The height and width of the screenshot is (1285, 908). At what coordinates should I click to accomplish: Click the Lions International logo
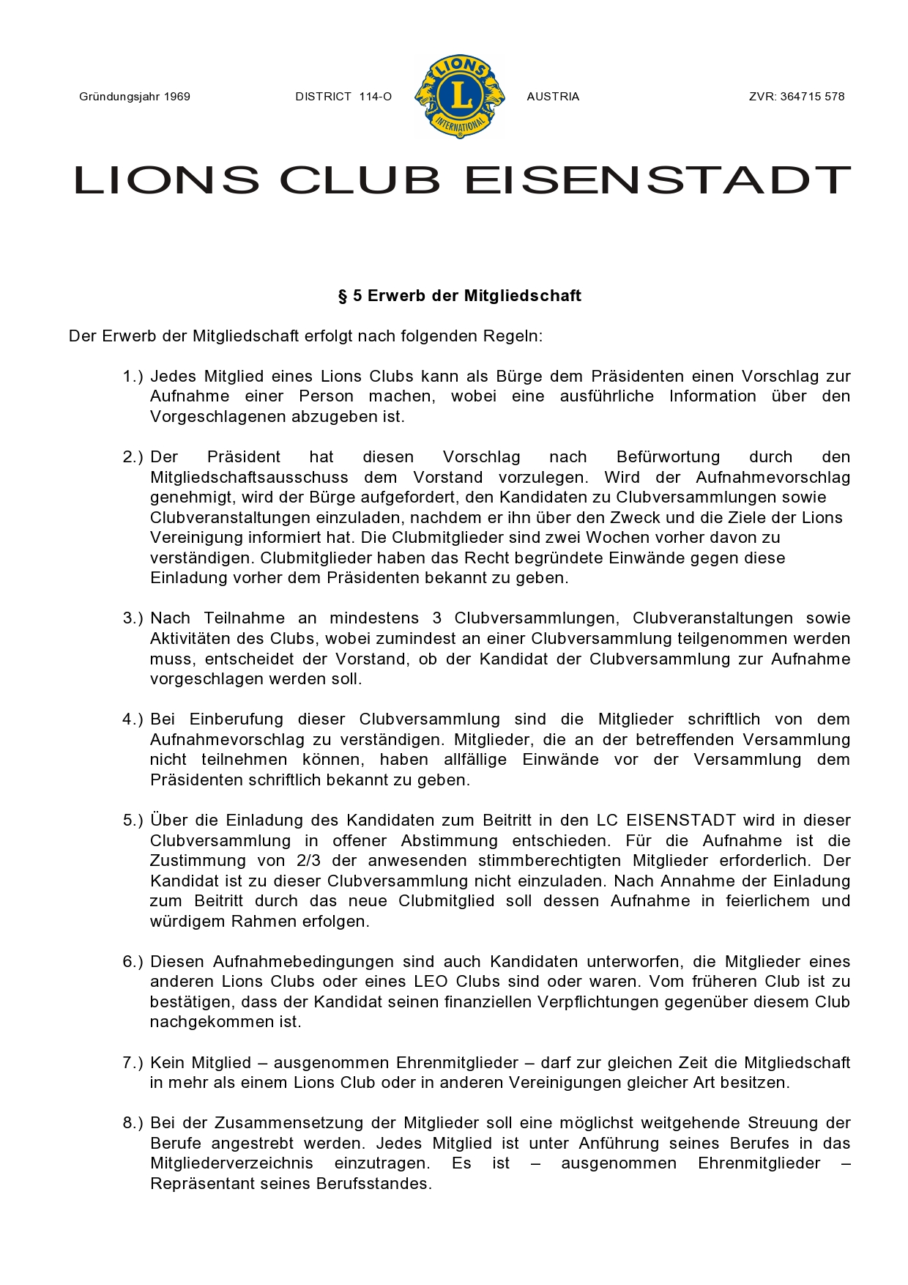(460, 96)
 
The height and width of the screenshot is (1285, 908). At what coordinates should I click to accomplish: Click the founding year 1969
(177, 97)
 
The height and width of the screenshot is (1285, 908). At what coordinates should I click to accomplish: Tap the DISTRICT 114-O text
(343, 97)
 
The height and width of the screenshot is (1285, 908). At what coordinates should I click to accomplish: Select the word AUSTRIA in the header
(553, 97)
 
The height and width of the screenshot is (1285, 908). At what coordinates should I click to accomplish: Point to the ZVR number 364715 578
(812, 97)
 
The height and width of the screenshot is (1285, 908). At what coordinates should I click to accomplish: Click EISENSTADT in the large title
(657, 180)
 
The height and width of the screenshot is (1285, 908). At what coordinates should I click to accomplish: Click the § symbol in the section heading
(342, 296)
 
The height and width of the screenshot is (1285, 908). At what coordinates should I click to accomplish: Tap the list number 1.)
(132, 377)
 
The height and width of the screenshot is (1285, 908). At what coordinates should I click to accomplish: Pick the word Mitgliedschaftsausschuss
(249, 478)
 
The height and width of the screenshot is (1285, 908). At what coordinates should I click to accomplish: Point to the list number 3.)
(132, 618)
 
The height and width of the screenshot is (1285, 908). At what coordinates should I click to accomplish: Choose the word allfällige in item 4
(475, 760)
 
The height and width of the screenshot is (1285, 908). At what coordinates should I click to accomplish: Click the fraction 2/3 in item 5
(308, 861)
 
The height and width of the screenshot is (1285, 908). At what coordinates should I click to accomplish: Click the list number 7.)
(132, 1063)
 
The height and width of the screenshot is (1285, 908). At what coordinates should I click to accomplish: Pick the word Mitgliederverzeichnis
(231, 1164)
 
